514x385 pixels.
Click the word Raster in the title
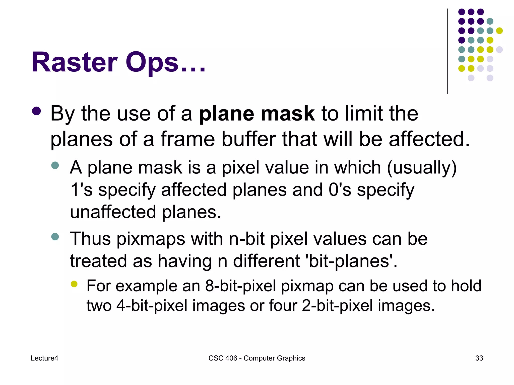pyautogui.click(x=74, y=62)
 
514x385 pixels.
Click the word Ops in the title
pyautogui.click(x=152, y=62)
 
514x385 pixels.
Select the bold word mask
pyautogui.click(x=287, y=114)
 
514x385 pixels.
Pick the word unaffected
pyautogui.click(x=113, y=212)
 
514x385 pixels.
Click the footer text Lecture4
pyautogui.click(x=44, y=358)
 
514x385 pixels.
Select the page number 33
pyautogui.click(x=479, y=358)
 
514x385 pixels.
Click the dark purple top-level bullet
pyautogui.click(x=37, y=112)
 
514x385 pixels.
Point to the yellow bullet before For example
pyautogui.click(x=74, y=284)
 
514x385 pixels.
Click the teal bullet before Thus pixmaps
pyautogui.click(x=55, y=237)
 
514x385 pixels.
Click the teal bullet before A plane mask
pyautogui.click(x=55, y=165)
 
